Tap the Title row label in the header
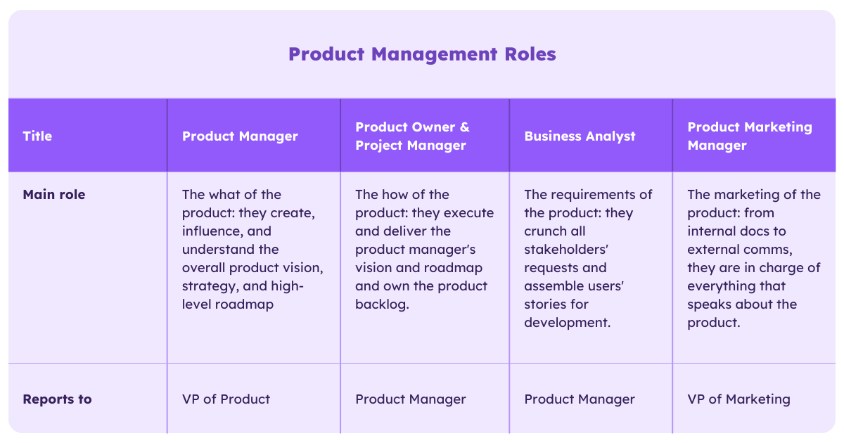37,136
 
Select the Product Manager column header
240,136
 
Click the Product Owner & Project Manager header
412,136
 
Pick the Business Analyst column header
580,136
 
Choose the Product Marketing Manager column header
749,136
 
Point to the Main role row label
54,195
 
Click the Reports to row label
57,399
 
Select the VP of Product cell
226,399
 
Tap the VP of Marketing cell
738,399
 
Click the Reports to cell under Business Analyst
580,399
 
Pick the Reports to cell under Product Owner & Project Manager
411,399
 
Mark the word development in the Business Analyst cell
565,323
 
